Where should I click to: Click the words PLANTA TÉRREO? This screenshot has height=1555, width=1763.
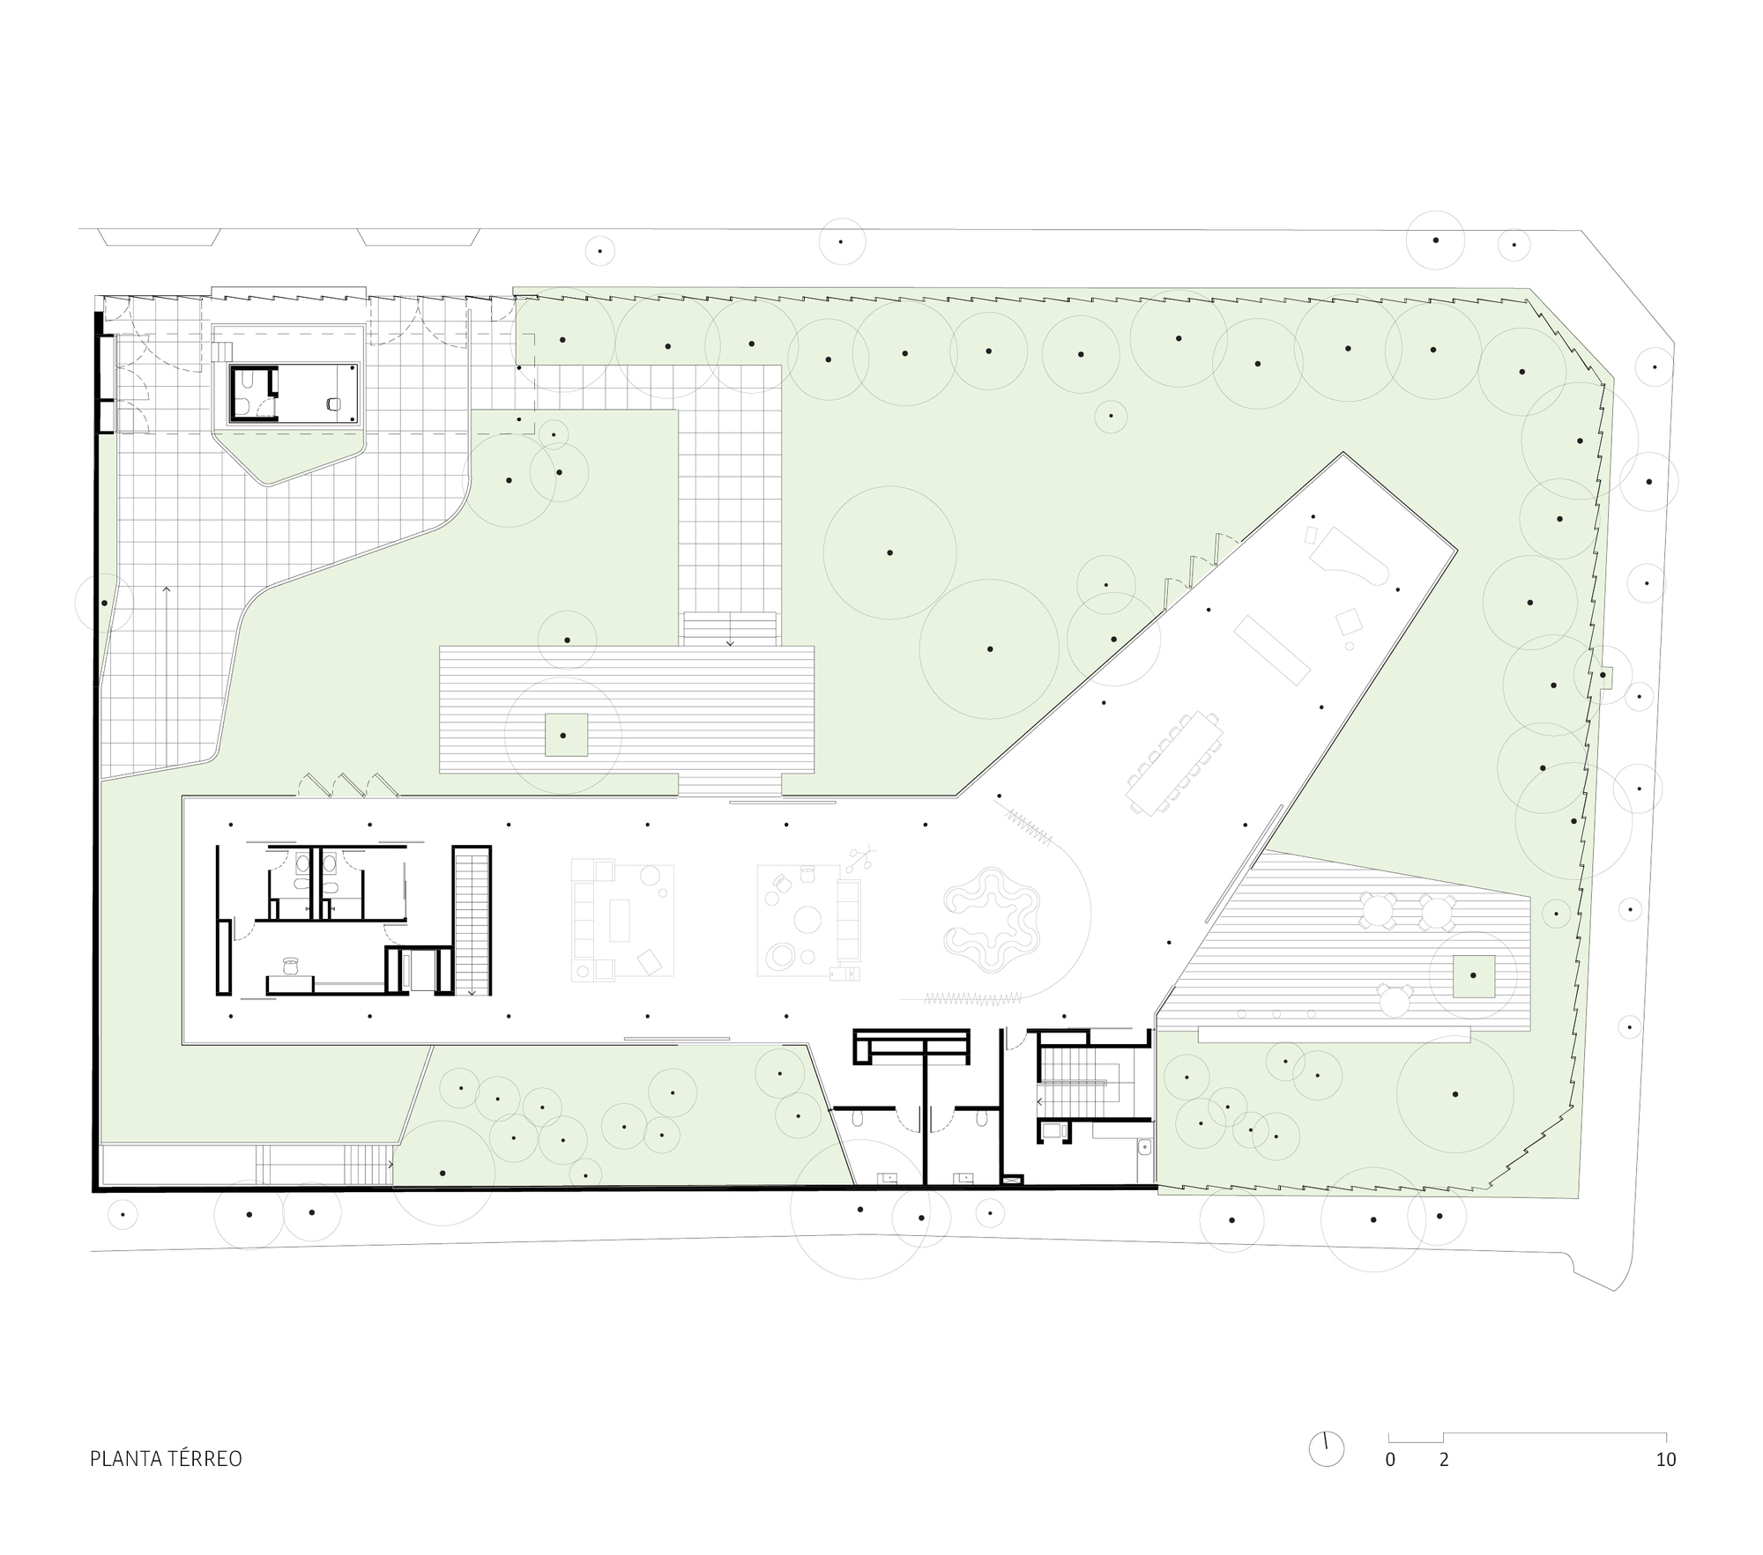[x=166, y=1459]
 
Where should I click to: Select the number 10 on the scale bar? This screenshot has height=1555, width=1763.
[x=1665, y=1460]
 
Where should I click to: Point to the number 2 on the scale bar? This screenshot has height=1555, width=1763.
[x=1444, y=1460]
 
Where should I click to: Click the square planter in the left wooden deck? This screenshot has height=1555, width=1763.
[x=566, y=734]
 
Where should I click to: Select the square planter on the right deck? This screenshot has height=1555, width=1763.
[x=1474, y=976]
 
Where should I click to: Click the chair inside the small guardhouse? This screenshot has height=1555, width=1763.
[x=332, y=404]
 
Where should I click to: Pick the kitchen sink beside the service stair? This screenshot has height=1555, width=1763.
[x=1144, y=1147]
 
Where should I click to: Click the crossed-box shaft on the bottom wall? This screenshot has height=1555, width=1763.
[x=1015, y=1178]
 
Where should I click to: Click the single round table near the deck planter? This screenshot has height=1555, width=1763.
[x=1394, y=1001]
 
